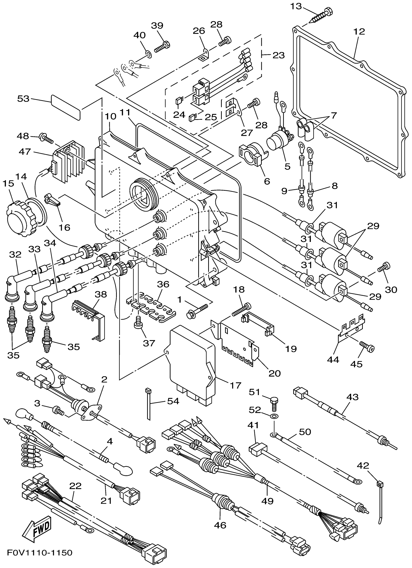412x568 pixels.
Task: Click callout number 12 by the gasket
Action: coord(359,32)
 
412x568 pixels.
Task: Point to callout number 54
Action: coord(173,401)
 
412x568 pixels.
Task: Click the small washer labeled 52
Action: coord(274,416)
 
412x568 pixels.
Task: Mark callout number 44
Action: coord(333,360)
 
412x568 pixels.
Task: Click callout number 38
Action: coord(101,295)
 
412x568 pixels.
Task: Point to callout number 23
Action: coord(278,55)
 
